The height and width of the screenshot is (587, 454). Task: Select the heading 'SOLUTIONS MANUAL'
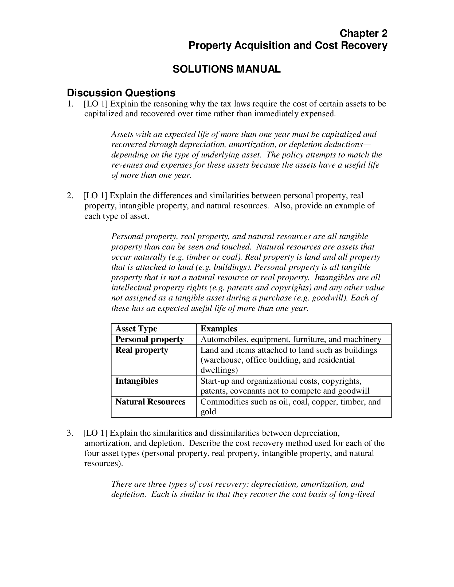click(x=226, y=69)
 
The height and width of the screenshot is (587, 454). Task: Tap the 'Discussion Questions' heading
click(x=121, y=93)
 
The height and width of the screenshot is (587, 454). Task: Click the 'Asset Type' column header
click(x=136, y=329)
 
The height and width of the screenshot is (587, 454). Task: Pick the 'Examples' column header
click(x=219, y=329)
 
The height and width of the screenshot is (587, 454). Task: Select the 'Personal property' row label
click(x=150, y=339)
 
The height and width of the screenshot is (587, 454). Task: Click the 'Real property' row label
click(x=142, y=350)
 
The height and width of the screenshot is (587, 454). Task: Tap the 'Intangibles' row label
click(x=137, y=381)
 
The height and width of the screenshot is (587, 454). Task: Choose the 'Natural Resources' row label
click(x=150, y=402)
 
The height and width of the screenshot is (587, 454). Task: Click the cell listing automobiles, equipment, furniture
click(x=291, y=339)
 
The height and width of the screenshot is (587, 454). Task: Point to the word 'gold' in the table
click(x=208, y=412)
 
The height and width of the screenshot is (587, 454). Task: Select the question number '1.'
click(x=70, y=104)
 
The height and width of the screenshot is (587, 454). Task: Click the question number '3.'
click(x=70, y=433)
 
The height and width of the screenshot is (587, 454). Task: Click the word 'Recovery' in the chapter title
click(x=364, y=45)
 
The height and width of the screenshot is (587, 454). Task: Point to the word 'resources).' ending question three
click(x=104, y=464)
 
